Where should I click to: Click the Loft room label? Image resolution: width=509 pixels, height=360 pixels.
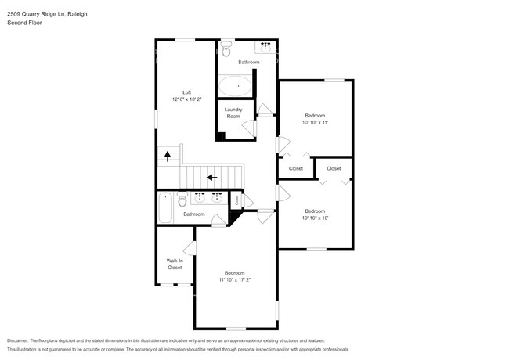[187, 92]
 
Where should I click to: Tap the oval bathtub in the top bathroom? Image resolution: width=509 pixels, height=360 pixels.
[234, 85]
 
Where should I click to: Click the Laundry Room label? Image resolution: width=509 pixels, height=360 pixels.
[233, 113]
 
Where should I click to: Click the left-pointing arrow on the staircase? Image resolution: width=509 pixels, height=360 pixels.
[211, 177]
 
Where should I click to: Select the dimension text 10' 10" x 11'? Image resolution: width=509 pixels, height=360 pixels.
[316, 123]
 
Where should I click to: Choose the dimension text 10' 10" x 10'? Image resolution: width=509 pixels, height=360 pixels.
[316, 218]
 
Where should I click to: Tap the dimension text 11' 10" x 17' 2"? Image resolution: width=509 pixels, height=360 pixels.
[234, 279]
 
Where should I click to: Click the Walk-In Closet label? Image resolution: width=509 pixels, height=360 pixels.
[175, 264]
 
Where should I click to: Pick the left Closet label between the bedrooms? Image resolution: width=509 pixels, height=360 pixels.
[295, 168]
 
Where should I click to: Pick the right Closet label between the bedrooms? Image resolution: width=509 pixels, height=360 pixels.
[334, 168]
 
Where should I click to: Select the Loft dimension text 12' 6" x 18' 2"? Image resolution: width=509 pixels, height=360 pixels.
[187, 99]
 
